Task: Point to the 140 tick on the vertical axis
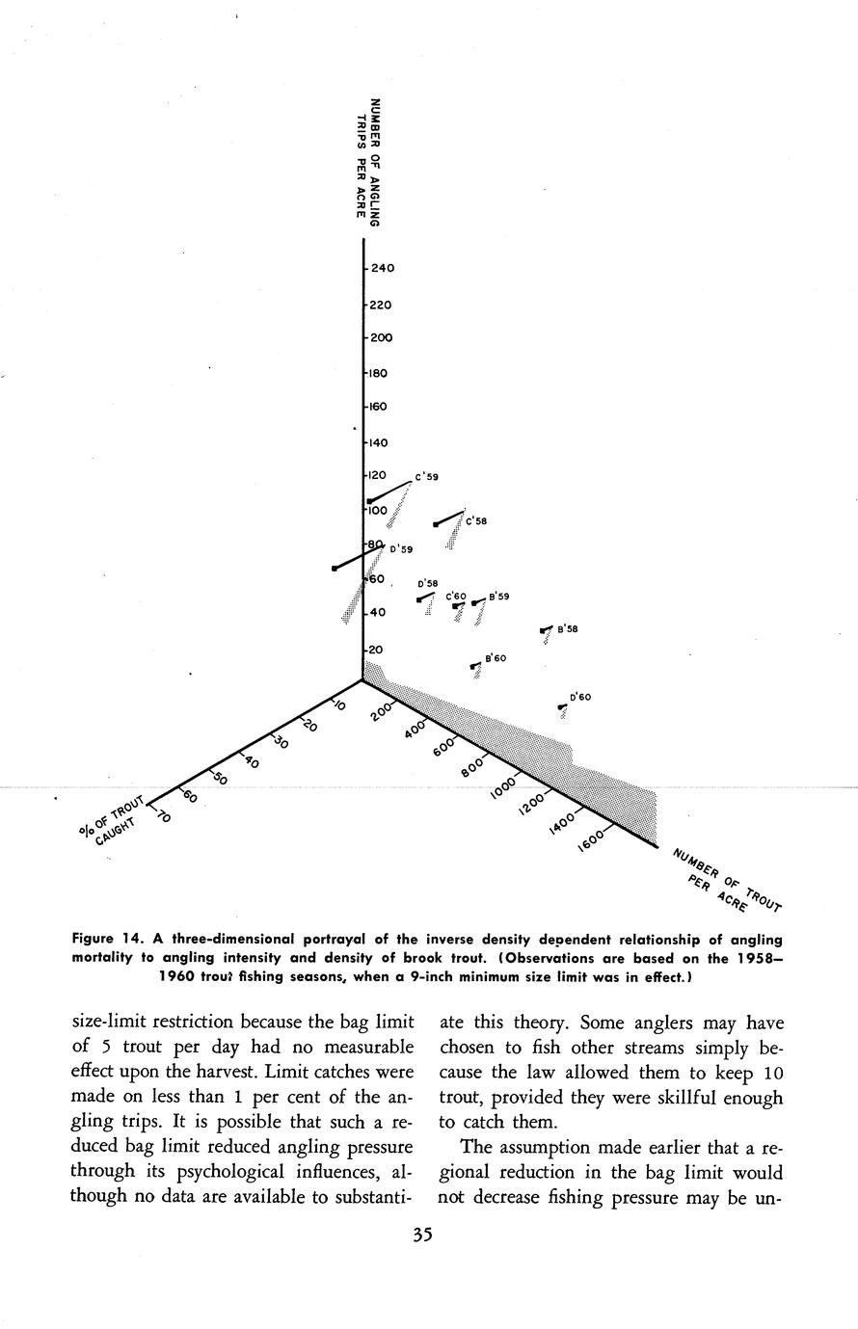[376, 443]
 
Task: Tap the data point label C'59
[427, 477]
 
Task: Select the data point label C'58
[476, 521]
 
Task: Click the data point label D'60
[580, 697]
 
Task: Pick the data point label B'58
[568, 629]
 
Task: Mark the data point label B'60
[496, 658]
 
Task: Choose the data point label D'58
[427, 584]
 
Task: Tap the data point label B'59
[499, 597]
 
